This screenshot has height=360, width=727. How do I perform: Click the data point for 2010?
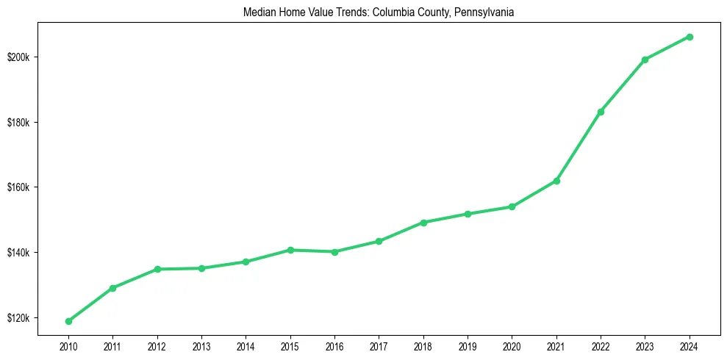point(68,321)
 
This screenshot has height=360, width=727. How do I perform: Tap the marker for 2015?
point(290,250)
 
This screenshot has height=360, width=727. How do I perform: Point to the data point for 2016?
point(334,252)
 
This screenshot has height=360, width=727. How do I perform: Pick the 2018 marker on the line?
point(423,222)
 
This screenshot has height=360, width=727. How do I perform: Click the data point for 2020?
point(512,206)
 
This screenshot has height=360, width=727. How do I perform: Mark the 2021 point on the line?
point(556,181)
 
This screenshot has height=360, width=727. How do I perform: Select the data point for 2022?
point(601,112)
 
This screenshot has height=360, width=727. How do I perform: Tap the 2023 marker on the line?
point(645,60)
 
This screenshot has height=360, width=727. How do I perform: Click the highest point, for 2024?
point(690,37)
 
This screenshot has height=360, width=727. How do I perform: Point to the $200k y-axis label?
point(18,57)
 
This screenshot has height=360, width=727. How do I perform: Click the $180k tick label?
point(18,122)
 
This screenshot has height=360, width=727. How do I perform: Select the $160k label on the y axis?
point(18,187)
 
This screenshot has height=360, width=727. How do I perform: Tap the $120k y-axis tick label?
point(18,318)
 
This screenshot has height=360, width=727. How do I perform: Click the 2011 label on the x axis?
point(112,345)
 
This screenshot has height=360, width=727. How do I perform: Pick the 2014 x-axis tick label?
point(246,345)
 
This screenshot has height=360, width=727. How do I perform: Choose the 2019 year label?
point(468,345)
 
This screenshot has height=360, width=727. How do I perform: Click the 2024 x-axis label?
point(690,345)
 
